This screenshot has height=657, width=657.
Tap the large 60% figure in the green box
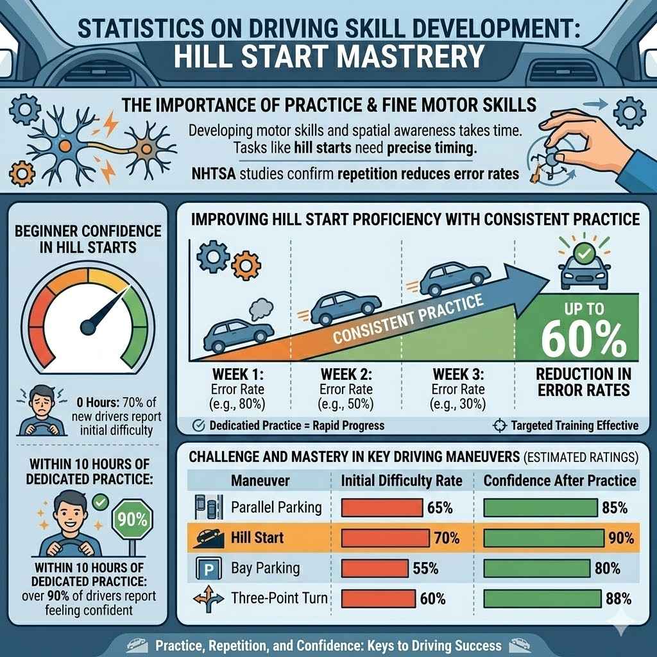[583, 339]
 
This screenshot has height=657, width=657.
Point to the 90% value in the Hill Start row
[621, 538]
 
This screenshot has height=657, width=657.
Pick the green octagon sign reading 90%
[132, 520]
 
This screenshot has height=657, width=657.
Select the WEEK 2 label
[346, 373]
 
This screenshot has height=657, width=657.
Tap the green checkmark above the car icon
[583, 254]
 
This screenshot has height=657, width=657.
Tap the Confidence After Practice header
[559, 481]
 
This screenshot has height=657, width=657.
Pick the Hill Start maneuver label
[257, 538]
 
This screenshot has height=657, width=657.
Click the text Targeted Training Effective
[574, 425]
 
